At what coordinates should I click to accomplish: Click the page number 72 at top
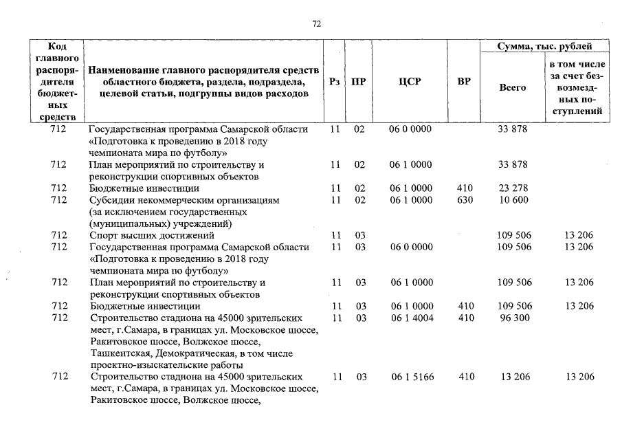tap(317, 23)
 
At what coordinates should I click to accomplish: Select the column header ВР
tap(464, 82)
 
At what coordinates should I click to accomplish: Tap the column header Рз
tap(334, 82)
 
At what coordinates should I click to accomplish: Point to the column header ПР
tap(358, 82)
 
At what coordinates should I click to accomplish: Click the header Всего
tap(512, 87)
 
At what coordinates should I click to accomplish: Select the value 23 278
tap(512, 188)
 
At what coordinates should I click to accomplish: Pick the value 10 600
tap(512, 200)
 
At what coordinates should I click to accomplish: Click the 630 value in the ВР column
tap(465, 200)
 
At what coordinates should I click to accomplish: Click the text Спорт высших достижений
tap(142, 235)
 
